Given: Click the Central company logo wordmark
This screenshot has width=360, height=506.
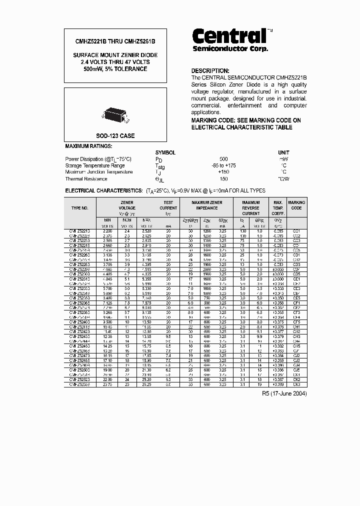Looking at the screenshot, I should [x=229, y=36].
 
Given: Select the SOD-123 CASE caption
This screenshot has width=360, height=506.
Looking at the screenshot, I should [x=115, y=136].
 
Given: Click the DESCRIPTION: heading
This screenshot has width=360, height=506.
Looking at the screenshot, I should [x=210, y=71].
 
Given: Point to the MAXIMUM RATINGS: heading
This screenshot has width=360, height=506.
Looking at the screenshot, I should [x=89, y=146].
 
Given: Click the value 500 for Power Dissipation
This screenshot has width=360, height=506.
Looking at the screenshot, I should [x=223, y=158].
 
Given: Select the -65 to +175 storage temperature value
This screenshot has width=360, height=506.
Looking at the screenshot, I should [x=223, y=165].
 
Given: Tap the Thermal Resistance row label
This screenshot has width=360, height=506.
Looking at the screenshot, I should [x=86, y=179].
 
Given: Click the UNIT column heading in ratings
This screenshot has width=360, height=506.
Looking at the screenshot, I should [x=283, y=152].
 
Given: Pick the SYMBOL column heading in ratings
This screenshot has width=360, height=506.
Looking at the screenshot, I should [x=165, y=152].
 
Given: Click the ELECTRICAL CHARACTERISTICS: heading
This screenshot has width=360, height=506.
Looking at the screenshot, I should [x=104, y=191].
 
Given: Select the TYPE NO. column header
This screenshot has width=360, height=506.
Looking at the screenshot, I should [x=79, y=207].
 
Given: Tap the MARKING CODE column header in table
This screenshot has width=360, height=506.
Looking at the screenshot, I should [x=296, y=205].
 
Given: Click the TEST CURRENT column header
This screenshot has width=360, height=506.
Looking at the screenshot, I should [x=168, y=205].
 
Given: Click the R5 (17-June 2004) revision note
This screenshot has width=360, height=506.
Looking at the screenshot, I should [x=284, y=394].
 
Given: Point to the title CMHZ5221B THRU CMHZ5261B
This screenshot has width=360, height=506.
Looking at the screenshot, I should [x=115, y=42].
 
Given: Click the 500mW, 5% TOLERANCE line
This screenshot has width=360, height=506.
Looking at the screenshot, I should [x=115, y=69].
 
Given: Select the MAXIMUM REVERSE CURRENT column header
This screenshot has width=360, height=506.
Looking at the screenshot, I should [x=250, y=207].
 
